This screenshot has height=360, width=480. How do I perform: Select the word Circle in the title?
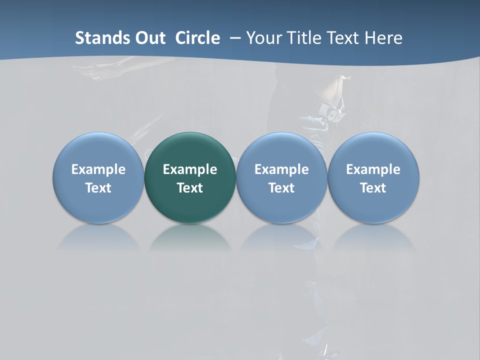click(197, 38)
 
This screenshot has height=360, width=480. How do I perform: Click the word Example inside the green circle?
click(190, 169)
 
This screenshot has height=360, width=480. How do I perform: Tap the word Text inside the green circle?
click(190, 188)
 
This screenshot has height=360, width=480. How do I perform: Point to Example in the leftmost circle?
click(98, 169)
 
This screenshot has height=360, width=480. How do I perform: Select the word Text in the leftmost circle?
click(98, 188)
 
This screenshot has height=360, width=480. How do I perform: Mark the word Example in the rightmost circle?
click(373, 169)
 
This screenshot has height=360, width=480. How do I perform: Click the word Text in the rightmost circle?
click(373, 188)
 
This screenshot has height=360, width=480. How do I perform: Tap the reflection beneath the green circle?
click(190, 237)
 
